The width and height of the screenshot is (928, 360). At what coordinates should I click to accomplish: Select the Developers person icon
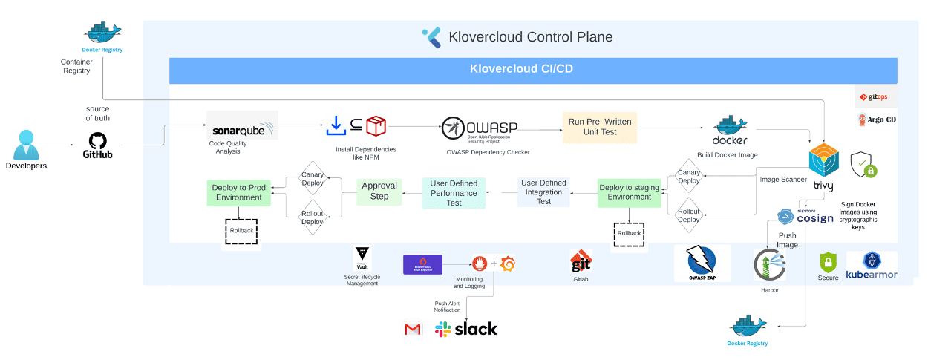(x=26, y=144)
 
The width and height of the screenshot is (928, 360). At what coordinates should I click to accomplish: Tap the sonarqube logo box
(x=242, y=125)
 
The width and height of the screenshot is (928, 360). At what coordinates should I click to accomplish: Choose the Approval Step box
(x=379, y=191)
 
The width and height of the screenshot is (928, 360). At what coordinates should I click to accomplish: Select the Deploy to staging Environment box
(x=629, y=192)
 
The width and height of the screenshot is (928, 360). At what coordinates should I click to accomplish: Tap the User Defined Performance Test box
(x=454, y=192)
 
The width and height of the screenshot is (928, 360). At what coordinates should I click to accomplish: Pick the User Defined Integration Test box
(x=543, y=192)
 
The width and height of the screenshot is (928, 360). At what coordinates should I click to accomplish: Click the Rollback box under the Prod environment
(x=240, y=230)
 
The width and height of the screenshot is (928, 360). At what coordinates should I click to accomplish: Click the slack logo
(x=466, y=329)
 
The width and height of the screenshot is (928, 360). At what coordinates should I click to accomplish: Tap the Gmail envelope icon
(x=412, y=330)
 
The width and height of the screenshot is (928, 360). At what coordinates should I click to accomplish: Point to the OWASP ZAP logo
(x=702, y=264)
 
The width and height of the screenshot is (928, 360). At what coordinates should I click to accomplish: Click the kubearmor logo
(x=871, y=265)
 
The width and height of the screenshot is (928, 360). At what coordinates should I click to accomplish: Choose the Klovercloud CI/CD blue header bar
(x=532, y=70)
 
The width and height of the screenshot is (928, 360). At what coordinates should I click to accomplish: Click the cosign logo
(x=806, y=217)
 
